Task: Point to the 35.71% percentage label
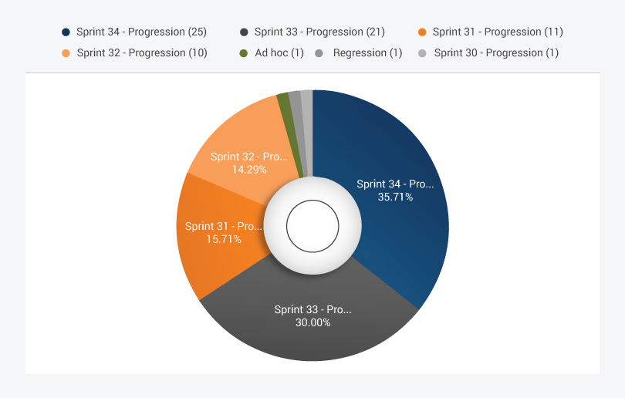[x=395, y=197]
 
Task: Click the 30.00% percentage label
[x=312, y=322]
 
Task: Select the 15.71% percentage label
[x=224, y=239]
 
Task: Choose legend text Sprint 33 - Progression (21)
[x=319, y=32]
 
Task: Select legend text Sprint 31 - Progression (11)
[x=498, y=32]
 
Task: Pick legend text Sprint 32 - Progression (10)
[x=142, y=52]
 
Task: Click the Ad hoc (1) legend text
[x=279, y=52]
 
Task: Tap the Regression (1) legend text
[x=368, y=52]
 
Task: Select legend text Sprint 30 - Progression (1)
[x=496, y=52]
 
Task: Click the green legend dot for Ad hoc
[x=243, y=53]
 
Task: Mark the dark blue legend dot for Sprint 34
[x=66, y=32]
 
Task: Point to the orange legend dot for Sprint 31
[x=422, y=32]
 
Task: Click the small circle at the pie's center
[x=312, y=226]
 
